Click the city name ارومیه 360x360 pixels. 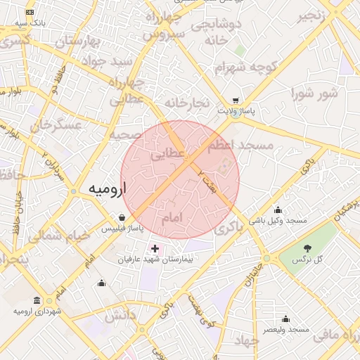(107, 189)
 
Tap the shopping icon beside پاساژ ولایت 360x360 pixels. (236, 101)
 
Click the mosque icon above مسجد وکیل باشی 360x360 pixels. (278, 210)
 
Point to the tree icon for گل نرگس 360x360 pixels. (307, 247)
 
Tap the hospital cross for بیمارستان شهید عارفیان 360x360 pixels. (155, 248)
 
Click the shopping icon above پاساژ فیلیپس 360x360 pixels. (123, 217)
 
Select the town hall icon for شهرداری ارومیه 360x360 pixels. (38, 300)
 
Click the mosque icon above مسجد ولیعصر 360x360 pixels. (287, 319)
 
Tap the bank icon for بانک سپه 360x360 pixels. (30, 13)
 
